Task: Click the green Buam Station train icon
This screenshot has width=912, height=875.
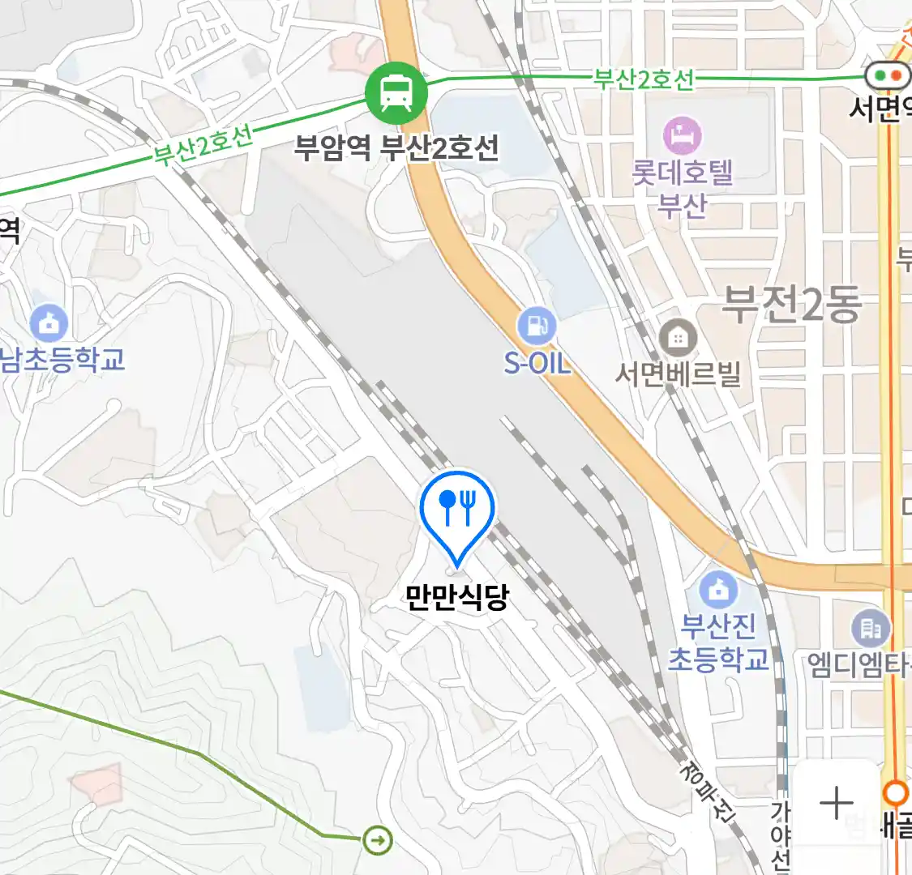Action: (x=396, y=92)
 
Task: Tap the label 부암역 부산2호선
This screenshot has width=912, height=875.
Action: (x=396, y=148)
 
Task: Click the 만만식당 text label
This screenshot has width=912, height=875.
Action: (x=457, y=597)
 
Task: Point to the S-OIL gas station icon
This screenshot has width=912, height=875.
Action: (x=537, y=326)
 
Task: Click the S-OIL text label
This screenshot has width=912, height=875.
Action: (x=537, y=363)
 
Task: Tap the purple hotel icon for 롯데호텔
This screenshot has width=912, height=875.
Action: (x=683, y=135)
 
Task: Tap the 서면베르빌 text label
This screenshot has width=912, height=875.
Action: (x=678, y=374)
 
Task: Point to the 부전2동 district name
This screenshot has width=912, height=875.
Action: (x=790, y=305)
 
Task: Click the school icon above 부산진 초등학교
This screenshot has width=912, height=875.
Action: (x=717, y=590)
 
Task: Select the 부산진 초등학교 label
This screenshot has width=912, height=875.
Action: (x=718, y=642)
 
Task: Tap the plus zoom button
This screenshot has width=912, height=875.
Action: (x=836, y=804)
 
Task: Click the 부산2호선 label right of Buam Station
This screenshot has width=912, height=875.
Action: (x=644, y=79)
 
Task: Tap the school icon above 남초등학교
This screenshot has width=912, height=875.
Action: (x=49, y=323)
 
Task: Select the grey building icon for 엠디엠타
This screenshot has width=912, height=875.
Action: (x=870, y=628)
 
